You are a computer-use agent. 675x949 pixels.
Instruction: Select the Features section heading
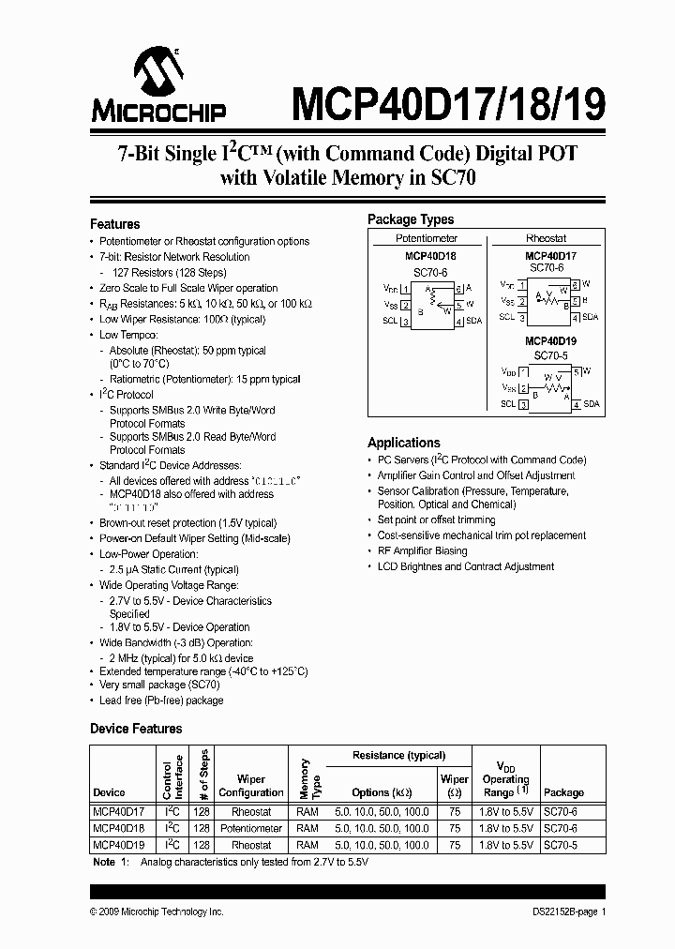tap(114, 224)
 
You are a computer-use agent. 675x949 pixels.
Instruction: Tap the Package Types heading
tap(410, 219)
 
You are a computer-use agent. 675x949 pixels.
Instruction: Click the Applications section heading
tap(403, 443)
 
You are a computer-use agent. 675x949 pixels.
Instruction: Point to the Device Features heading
tap(136, 729)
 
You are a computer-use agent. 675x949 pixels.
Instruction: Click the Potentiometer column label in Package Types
tap(427, 238)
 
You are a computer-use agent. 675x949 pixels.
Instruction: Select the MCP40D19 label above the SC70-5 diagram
tap(550, 341)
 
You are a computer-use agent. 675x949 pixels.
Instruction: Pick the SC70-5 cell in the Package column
tap(561, 845)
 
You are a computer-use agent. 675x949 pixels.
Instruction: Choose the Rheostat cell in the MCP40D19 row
tap(250, 845)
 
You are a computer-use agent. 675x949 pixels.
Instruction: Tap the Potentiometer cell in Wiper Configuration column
tap(250, 829)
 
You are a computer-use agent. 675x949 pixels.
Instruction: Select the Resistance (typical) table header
tap(398, 755)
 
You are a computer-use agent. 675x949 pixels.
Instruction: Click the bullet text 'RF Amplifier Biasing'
tap(422, 551)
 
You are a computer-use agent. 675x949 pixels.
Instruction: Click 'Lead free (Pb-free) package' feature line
tap(161, 700)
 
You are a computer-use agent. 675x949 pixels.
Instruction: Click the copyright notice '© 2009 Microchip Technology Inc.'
tap(157, 911)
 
